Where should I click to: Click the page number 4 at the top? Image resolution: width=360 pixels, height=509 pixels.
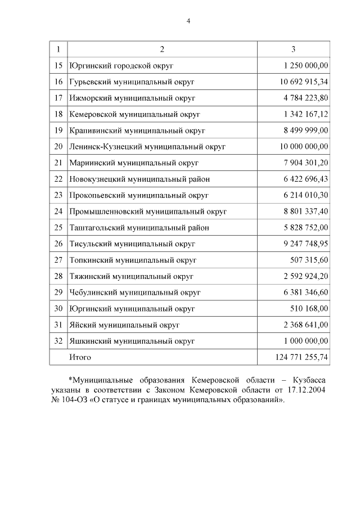point(188,21)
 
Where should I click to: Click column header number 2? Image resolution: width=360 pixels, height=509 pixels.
point(162,49)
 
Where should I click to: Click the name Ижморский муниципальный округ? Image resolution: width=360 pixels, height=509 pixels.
point(132,98)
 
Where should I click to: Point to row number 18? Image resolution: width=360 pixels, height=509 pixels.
point(58,114)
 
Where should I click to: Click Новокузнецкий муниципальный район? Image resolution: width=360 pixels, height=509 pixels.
point(139,179)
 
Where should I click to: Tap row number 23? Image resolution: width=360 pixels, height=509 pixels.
point(58,195)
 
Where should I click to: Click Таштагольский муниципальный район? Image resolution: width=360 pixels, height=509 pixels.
point(139,228)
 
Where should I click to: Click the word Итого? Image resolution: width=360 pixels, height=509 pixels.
point(80,357)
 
